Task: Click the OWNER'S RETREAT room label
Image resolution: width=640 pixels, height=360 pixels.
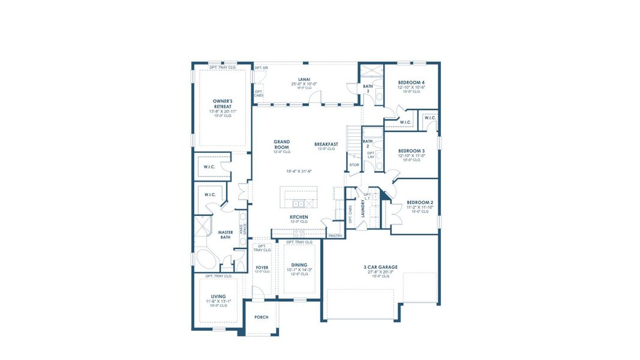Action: [x=222, y=104]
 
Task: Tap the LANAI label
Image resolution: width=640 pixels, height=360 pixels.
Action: [x=304, y=79]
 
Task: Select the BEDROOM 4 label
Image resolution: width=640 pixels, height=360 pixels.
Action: [x=411, y=82]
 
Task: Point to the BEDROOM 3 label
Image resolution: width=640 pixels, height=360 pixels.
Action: [x=411, y=151]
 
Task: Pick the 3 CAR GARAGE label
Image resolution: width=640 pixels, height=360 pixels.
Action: [x=380, y=267]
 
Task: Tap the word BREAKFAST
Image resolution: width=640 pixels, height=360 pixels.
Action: [x=326, y=144]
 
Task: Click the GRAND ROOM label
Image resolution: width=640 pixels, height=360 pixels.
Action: [x=281, y=144]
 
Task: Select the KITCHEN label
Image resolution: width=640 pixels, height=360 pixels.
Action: [x=299, y=217]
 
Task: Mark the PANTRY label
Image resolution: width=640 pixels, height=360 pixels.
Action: [x=335, y=236]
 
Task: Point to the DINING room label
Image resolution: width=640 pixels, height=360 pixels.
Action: [x=299, y=265]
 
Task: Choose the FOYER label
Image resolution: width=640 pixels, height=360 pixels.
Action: [x=262, y=267]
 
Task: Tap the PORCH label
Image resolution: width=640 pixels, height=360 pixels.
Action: [x=262, y=317]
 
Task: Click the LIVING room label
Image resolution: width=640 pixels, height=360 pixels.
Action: [x=218, y=296]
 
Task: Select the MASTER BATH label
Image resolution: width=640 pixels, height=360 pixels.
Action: [x=226, y=235]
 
